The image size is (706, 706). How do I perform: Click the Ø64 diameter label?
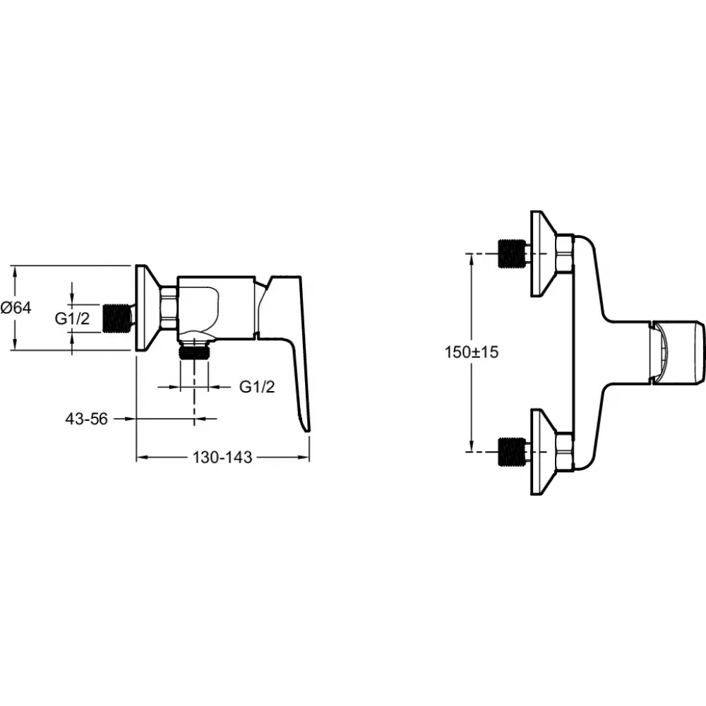tap(16, 308)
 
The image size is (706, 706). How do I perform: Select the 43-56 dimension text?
tap(86, 419)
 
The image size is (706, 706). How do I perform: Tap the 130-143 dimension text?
tap(222, 457)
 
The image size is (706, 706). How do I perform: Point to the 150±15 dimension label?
tap(472, 352)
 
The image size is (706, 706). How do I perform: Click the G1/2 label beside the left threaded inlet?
tap(72, 318)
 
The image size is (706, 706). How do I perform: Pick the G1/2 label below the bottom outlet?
tap(257, 387)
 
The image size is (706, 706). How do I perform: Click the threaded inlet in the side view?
tap(118, 318)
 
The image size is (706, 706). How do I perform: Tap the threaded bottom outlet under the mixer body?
tap(194, 350)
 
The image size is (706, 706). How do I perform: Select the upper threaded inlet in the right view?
tap(513, 253)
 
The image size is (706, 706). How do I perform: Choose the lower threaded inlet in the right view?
tap(513, 451)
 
